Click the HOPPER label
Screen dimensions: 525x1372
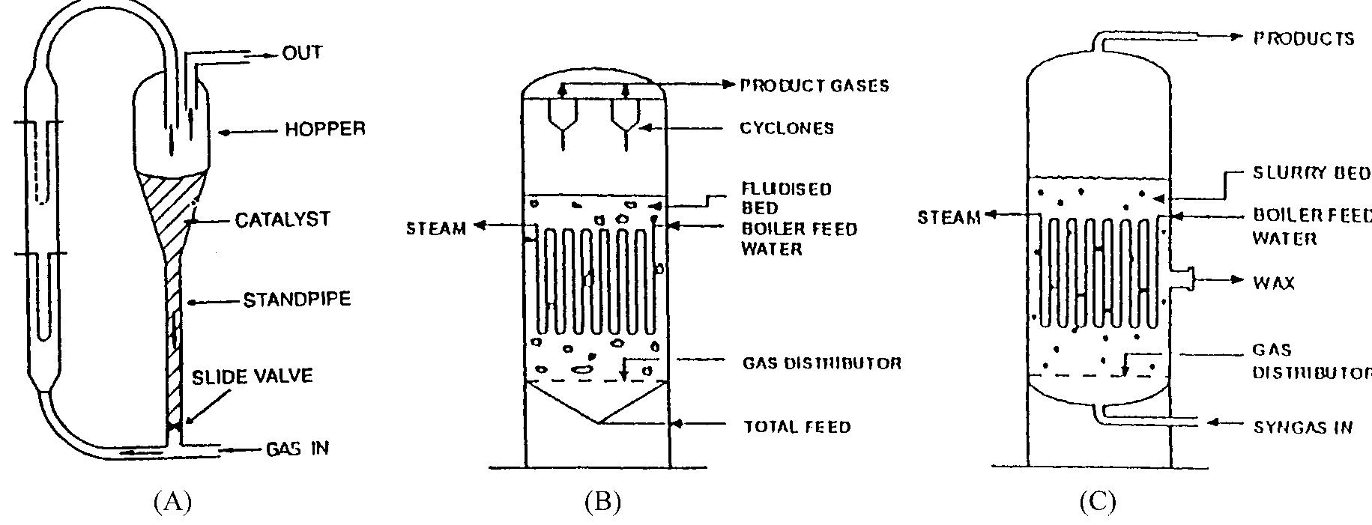[325, 130]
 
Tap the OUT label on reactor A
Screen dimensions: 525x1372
[302, 53]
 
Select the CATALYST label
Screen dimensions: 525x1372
[282, 220]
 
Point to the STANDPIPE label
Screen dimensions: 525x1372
[297, 300]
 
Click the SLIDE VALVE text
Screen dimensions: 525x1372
[252, 376]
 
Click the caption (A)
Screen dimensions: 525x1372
[172, 501]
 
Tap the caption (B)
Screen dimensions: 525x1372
[602, 501]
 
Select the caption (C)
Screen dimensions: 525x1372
[1098, 501]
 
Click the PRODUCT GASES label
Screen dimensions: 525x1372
[815, 85]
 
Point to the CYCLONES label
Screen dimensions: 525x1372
[787, 128]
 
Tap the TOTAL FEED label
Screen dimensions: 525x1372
[797, 427]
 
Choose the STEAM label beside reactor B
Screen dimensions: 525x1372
[436, 228]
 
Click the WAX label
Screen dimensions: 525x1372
[1273, 283]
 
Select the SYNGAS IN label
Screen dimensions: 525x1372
[1302, 428]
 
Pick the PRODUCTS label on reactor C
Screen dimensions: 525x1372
[1304, 39]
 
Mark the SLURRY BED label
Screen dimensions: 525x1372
[1312, 174]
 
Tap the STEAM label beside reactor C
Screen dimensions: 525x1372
[949, 218]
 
